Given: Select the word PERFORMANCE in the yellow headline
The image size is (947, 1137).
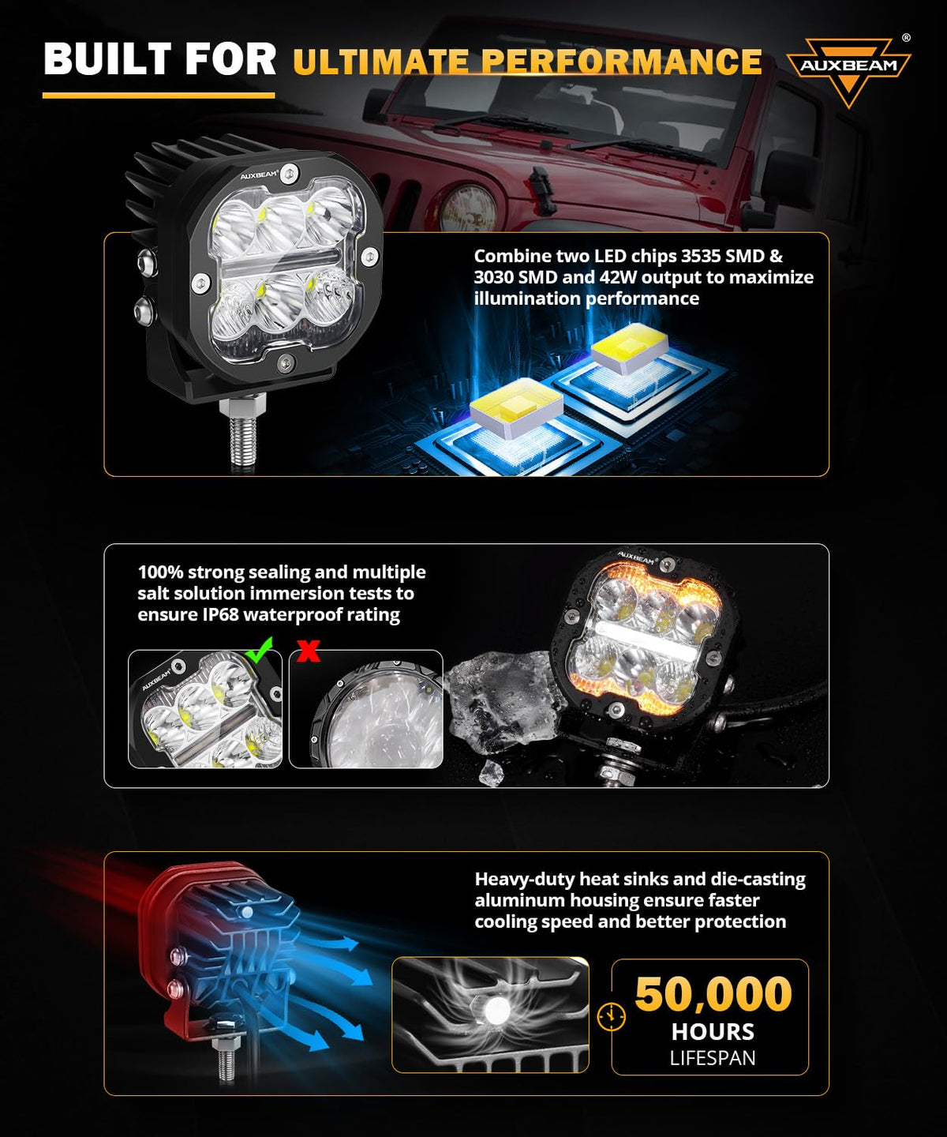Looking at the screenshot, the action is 621,61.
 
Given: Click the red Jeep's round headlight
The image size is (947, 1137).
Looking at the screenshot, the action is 468,208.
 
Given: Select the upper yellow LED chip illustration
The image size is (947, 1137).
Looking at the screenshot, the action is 629,349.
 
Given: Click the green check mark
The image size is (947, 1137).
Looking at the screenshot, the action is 259,648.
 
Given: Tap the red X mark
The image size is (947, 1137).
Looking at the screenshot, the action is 309,650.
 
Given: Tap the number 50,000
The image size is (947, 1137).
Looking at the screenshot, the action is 713,994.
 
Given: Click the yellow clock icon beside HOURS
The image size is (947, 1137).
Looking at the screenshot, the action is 612,1015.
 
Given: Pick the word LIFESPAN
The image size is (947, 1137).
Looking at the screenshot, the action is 713,1058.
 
